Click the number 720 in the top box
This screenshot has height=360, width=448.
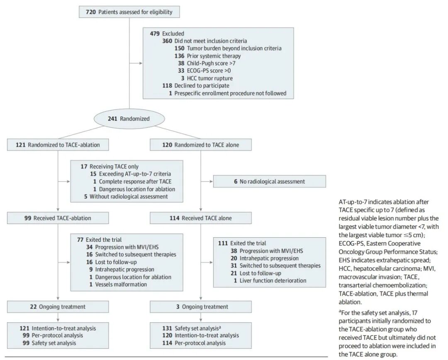click(90, 12)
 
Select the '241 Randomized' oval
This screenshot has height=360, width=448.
click(129, 119)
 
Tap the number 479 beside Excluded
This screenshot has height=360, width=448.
click(155, 34)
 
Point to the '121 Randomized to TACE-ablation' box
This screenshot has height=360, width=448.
click(58, 145)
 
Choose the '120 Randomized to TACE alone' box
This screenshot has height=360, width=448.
click(201, 145)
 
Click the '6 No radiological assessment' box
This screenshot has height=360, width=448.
click(270, 181)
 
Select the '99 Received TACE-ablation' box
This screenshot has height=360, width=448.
click(58, 218)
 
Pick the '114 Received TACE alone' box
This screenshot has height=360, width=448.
click(201, 218)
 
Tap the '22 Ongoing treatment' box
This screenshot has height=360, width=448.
click(58, 306)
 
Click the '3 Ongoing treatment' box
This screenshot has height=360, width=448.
click(201, 306)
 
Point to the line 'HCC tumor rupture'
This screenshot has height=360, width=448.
click(210, 78)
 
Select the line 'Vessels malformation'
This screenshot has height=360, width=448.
click(121, 284)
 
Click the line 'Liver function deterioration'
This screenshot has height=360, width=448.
click(273, 280)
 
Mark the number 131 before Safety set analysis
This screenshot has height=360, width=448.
click(167, 328)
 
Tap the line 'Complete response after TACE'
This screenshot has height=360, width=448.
click(135, 181)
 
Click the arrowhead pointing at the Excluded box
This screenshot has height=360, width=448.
click(141, 63)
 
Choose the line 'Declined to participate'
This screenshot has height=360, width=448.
click(202, 86)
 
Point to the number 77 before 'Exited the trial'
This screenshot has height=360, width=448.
click(80, 240)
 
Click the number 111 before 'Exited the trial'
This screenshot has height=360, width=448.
click(223, 243)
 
